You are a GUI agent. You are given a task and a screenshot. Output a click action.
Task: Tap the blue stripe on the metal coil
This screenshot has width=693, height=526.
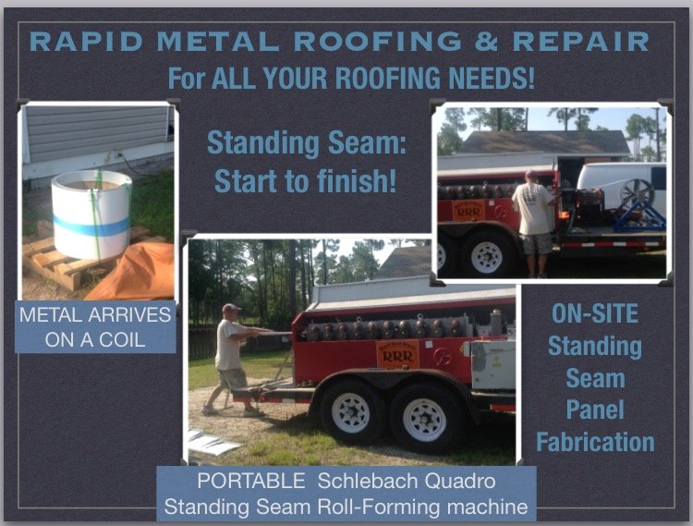pos(90,225)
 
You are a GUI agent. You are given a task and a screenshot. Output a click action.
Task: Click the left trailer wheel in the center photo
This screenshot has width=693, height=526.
pos(352,410)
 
